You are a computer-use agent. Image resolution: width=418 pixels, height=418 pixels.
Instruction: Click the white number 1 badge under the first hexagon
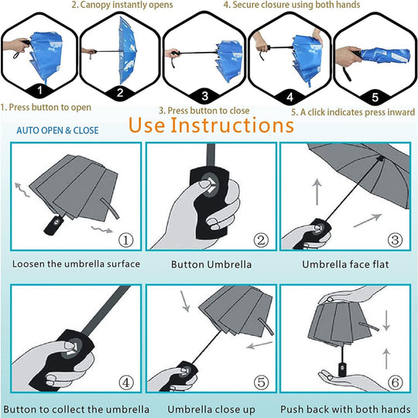39,90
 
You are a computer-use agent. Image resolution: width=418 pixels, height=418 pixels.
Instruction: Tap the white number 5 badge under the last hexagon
375,98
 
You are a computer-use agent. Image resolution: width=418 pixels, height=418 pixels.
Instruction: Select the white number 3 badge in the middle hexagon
205,96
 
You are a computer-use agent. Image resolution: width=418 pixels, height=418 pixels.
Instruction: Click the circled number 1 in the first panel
126,240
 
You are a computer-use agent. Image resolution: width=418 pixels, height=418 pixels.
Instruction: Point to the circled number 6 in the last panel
395,382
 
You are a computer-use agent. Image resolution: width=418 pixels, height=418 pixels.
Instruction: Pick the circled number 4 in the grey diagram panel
126,383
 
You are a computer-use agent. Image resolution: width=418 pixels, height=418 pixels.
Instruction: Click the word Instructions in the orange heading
232,125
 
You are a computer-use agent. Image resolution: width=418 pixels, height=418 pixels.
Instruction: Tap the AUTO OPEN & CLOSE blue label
57,130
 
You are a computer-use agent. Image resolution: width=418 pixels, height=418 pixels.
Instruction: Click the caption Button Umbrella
211,265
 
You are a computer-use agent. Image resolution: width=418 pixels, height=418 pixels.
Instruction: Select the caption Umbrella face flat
345,264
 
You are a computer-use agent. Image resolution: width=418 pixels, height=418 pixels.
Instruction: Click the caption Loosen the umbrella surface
76,264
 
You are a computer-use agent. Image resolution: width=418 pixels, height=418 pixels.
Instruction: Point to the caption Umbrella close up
211,409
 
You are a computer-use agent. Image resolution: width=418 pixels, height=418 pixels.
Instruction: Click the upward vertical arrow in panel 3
317,192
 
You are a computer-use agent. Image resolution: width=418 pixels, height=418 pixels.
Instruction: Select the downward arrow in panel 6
386,320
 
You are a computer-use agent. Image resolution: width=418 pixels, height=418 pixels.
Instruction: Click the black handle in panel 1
54,225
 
